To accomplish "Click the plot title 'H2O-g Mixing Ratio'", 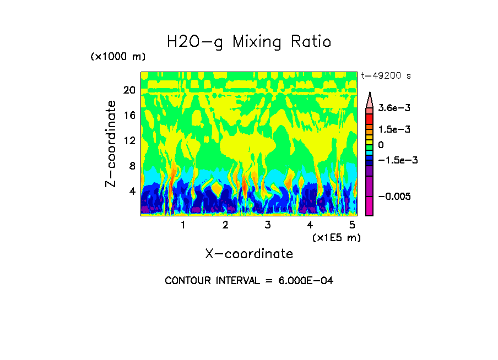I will click(x=249, y=42).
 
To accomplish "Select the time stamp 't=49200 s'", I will click(x=386, y=75).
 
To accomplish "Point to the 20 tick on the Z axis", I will click(x=129, y=90).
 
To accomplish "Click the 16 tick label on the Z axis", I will click(x=129, y=116).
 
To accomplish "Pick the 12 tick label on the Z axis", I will click(x=129, y=141).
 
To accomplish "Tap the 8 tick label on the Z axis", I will click(x=132, y=166).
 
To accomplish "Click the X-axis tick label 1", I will click(x=183, y=225).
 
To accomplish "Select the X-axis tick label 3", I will click(x=268, y=225).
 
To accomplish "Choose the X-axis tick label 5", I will click(x=353, y=225).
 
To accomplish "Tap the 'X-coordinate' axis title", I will click(x=249, y=254).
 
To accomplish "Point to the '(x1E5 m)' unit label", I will click(x=336, y=237).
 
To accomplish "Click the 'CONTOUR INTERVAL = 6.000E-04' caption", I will click(x=249, y=281).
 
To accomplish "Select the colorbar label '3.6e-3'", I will click(x=394, y=109).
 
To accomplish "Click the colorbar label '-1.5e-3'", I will click(x=396, y=160).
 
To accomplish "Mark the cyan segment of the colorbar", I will click(x=370, y=152).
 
